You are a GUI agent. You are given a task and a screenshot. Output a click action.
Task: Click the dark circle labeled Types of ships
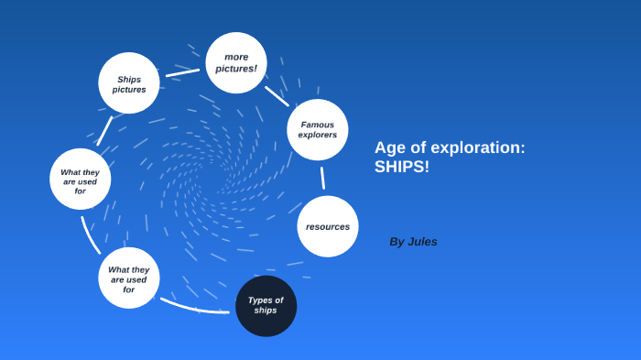point(266,306)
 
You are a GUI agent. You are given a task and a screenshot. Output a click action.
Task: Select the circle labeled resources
point(328,226)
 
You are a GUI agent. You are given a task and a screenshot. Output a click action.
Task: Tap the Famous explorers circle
point(317,130)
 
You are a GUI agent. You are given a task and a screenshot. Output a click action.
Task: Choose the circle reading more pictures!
point(236,63)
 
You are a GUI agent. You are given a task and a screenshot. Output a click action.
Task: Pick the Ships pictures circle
point(129,83)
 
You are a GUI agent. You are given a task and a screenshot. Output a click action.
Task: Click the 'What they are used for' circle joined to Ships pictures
point(81,180)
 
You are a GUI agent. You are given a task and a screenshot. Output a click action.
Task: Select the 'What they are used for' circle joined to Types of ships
point(129,278)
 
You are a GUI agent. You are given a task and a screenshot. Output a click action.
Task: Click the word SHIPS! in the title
point(402,169)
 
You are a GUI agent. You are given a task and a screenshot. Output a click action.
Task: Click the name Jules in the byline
point(422,242)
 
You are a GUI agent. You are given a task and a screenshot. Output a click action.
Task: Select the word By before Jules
point(397,242)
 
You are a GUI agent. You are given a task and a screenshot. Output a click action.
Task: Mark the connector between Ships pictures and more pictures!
point(183,71)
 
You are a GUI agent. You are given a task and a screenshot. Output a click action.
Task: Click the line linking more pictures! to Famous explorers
point(277,96)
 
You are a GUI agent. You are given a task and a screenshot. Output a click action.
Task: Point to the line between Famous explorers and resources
point(322,178)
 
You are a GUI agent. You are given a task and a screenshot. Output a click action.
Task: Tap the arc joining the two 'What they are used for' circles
point(89,235)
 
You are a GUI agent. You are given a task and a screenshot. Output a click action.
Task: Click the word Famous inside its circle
point(318,125)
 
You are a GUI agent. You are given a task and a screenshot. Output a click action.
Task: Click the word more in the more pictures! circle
point(236,57)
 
